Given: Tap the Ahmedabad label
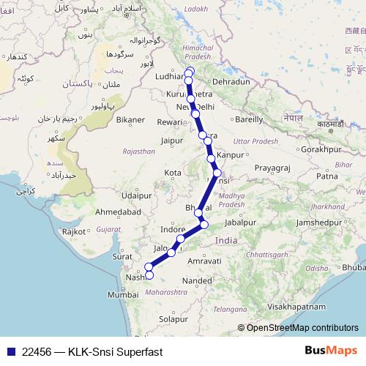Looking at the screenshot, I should (117, 212).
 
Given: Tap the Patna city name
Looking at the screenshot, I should (326, 176).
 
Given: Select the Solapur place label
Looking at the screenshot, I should (174, 320).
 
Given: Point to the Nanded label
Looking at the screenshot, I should (198, 280).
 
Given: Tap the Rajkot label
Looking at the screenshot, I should (75, 231).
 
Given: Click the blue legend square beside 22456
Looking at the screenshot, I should (10, 350).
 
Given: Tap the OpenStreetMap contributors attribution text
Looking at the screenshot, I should (302, 328).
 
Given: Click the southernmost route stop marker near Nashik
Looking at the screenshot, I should (149, 275).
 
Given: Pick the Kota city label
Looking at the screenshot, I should (173, 173).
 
